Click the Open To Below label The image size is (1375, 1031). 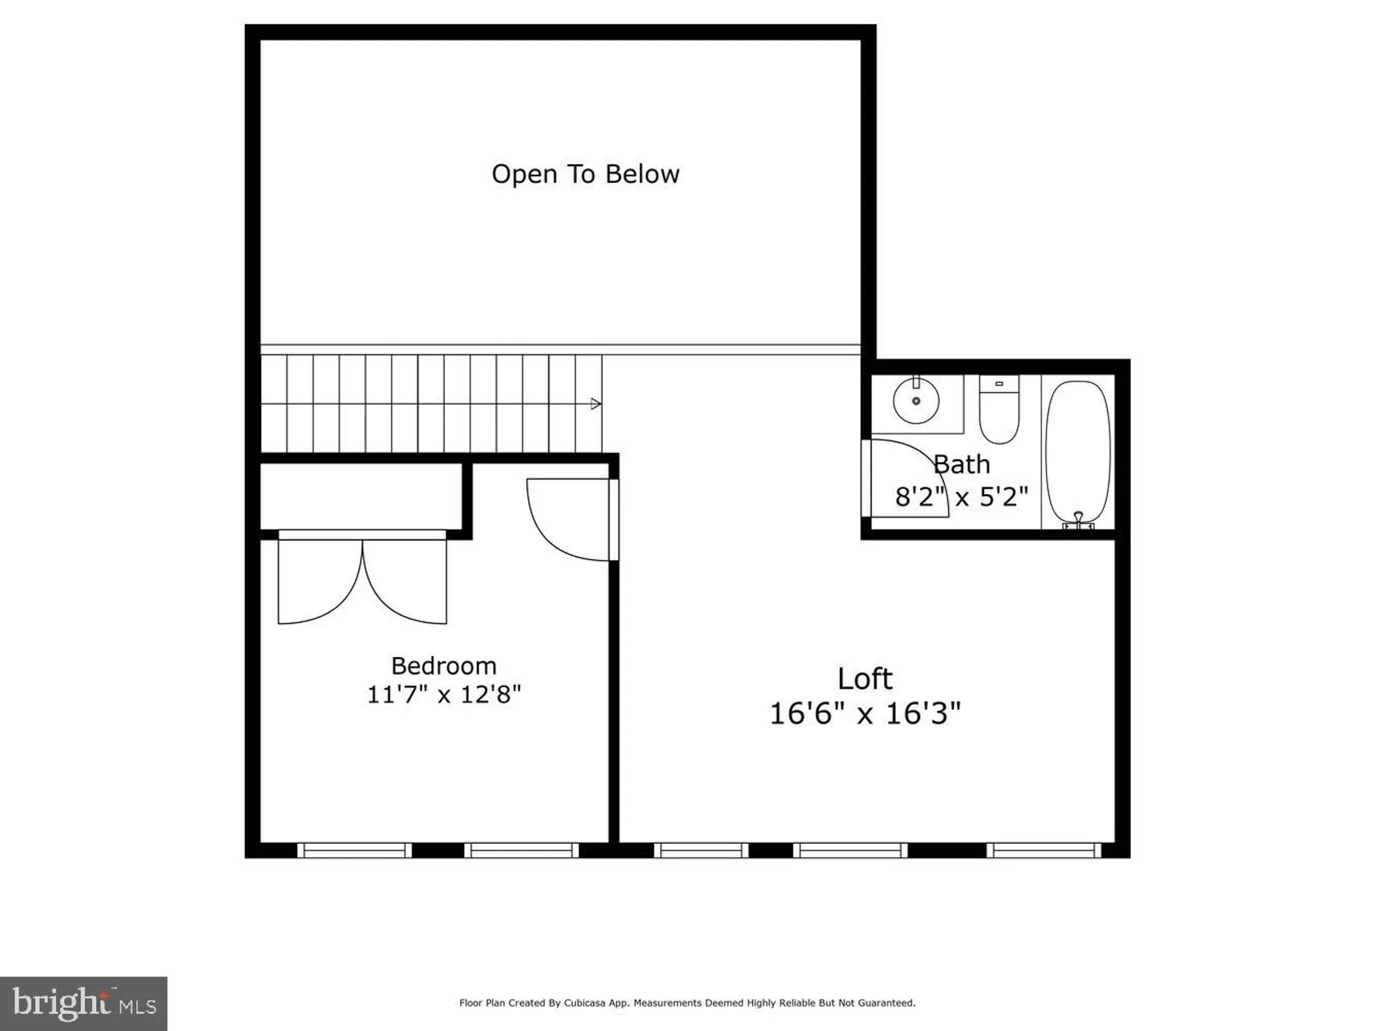585,174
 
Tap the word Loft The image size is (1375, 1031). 864,679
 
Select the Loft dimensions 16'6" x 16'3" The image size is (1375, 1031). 864,713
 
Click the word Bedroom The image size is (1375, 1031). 443,665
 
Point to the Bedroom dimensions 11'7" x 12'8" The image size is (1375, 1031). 443,694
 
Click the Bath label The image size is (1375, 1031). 962,465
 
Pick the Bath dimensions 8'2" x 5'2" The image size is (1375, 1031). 962,496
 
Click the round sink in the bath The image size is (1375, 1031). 916,401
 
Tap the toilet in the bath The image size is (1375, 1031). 999,411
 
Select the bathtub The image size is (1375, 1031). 1077,450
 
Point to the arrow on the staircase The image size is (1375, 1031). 595,403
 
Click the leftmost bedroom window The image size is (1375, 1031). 355,850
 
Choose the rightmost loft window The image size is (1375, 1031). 1044,850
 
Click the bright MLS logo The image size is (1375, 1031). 83,1003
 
